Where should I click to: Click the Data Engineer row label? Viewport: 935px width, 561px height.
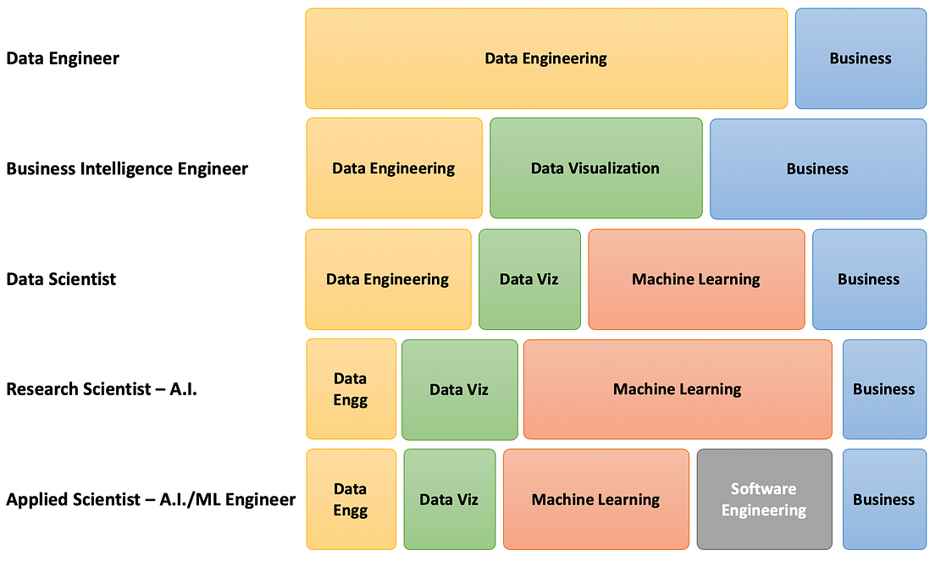(63, 58)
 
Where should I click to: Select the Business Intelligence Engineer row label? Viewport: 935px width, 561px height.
(127, 168)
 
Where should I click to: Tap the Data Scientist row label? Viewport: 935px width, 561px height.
(61, 279)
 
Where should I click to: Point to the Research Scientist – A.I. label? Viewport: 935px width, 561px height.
(102, 389)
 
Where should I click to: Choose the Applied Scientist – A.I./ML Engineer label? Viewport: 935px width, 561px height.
(151, 499)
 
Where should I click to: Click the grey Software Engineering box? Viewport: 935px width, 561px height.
(764, 499)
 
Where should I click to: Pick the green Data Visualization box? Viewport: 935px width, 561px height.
(595, 168)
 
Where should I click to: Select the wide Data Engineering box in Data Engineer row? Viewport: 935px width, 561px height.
(546, 58)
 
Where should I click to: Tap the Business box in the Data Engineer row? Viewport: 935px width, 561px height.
(860, 58)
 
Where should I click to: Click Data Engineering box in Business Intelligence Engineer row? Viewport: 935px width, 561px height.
(394, 168)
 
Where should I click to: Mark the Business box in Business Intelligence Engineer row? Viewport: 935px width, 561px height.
(817, 168)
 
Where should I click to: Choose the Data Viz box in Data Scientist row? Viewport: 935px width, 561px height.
(529, 279)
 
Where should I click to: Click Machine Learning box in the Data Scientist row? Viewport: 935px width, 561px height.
(696, 279)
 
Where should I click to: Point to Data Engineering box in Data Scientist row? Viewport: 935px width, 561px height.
(388, 279)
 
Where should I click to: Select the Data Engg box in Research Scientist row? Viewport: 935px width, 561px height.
(351, 389)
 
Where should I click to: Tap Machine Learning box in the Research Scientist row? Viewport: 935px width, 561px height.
(678, 389)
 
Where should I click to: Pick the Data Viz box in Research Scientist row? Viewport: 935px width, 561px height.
(459, 389)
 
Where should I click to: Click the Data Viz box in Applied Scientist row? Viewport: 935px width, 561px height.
(449, 499)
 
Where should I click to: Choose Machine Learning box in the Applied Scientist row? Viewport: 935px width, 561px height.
(595, 499)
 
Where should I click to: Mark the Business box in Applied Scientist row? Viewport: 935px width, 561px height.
(884, 499)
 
